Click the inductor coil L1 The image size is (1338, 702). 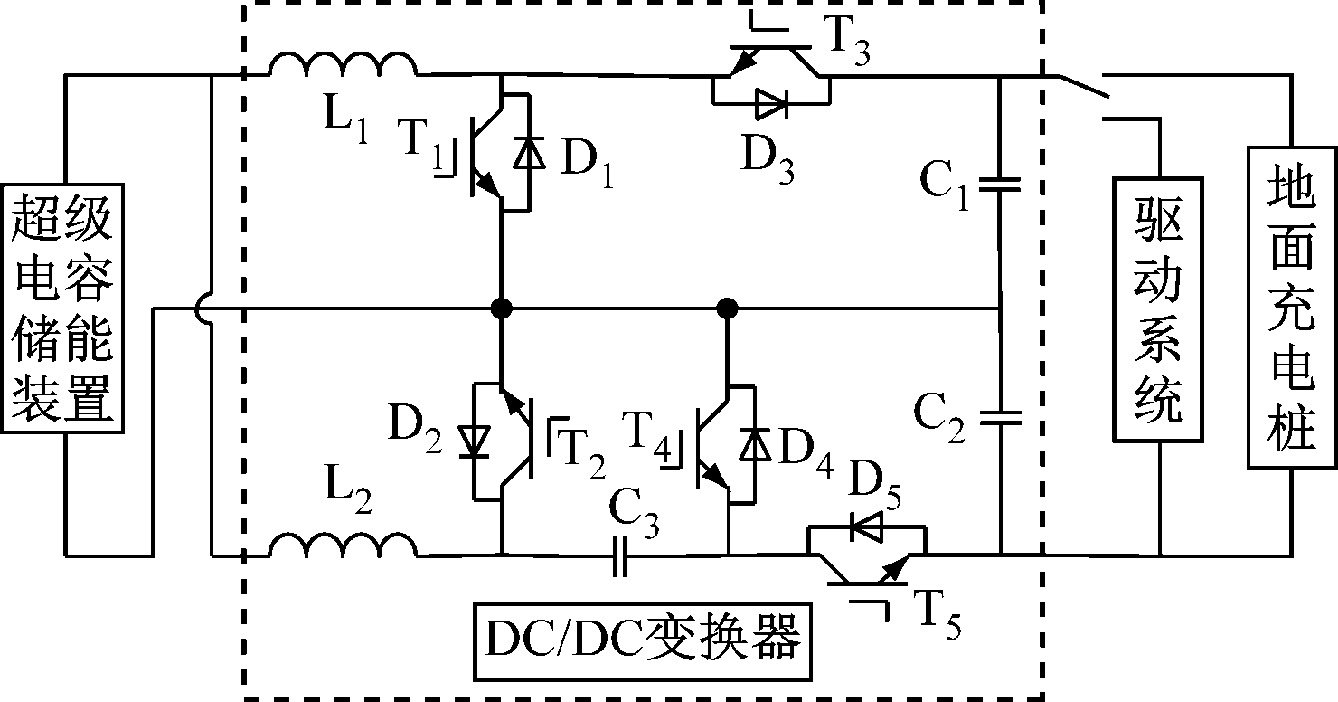tap(344, 66)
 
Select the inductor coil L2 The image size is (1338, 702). tap(344, 545)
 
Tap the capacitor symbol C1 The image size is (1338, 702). tap(1000, 185)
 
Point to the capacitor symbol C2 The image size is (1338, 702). tap(1000, 418)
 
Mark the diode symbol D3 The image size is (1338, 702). tap(771, 105)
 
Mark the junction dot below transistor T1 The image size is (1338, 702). tap(500, 308)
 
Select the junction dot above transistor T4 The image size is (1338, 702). tap(726, 308)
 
